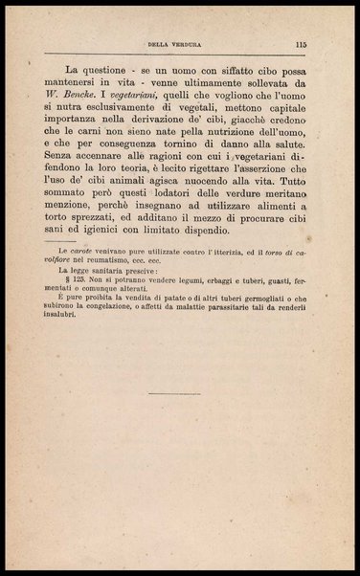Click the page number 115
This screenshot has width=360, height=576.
(x=301, y=43)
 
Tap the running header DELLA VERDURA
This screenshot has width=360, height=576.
(x=179, y=44)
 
